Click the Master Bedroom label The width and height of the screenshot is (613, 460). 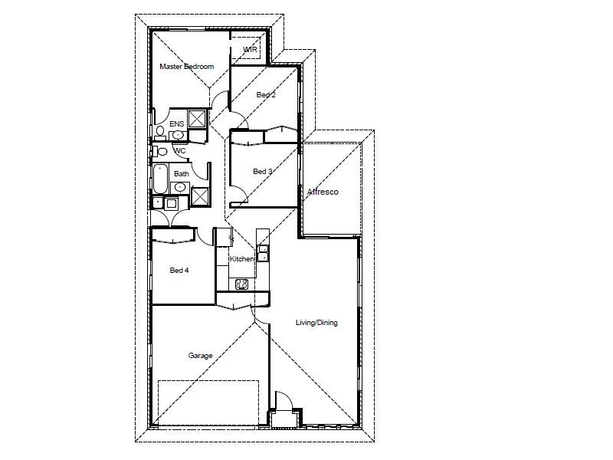point(186,67)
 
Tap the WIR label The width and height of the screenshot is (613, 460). point(250,50)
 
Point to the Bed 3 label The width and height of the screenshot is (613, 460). point(262,172)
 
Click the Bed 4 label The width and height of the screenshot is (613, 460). point(179,270)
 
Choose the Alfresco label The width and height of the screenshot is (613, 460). point(323,192)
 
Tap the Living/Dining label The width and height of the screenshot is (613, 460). point(316,323)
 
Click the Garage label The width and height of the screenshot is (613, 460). point(200,356)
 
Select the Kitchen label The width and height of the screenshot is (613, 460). point(241,259)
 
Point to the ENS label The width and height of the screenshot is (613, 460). point(176,123)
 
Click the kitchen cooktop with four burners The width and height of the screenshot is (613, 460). point(241,284)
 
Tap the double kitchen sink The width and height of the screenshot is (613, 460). point(263,254)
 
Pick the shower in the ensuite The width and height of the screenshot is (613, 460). point(197,119)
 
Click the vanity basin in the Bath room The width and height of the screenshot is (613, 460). point(172,203)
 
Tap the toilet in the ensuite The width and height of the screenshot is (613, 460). point(160,132)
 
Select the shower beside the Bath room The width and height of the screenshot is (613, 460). point(200,196)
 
